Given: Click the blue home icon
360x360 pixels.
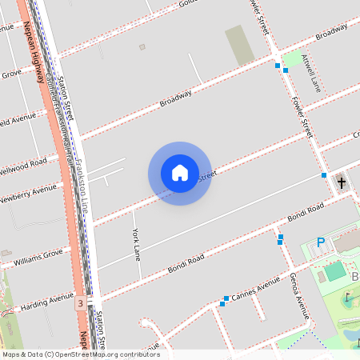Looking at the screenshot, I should tap(180, 173).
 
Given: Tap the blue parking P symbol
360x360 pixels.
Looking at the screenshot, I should tap(322, 242).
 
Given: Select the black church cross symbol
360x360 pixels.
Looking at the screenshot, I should tap(342, 182).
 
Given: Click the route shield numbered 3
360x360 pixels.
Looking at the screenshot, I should tap(81, 304).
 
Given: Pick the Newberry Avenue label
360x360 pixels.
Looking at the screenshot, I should tap(29, 193).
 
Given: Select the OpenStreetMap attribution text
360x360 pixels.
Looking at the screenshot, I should tap(81, 354).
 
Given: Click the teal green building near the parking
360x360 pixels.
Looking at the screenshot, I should tap(334, 270).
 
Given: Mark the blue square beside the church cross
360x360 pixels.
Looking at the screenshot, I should tap(324, 174).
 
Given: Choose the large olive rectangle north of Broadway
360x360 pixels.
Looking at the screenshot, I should tap(239, 45).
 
